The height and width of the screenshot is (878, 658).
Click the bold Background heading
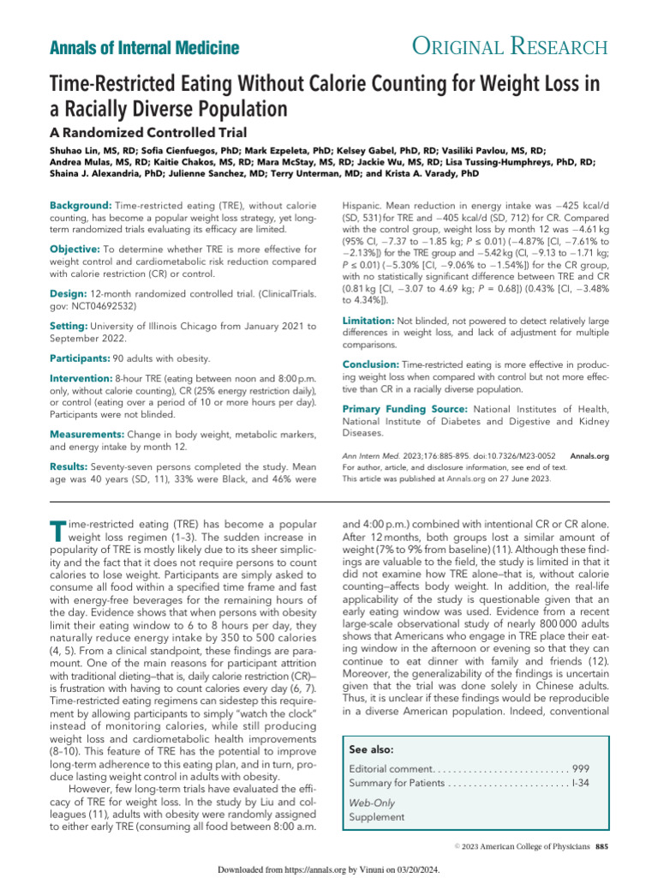pos(81,207)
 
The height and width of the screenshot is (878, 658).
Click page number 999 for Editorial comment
pos(581,767)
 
